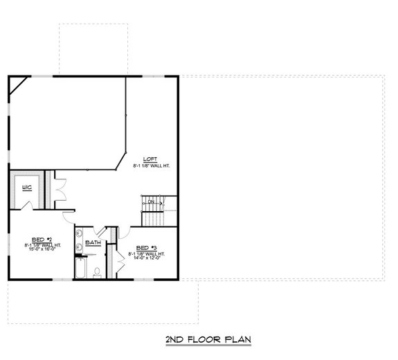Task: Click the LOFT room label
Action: coord(150,159)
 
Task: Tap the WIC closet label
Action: coord(27,188)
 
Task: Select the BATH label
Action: coord(94,243)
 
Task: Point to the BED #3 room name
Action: coord(146,248)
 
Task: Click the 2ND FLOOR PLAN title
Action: coord(208,339)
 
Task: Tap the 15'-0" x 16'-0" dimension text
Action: coord(42,250)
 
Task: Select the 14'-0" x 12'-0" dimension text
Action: coord(146,259)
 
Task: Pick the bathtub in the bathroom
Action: coord(80,267)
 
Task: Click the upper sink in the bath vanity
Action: coord(80,233)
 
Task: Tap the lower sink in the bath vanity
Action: coord(80,245)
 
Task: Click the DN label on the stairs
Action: coord(150,202)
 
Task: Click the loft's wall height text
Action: coord(152,166)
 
